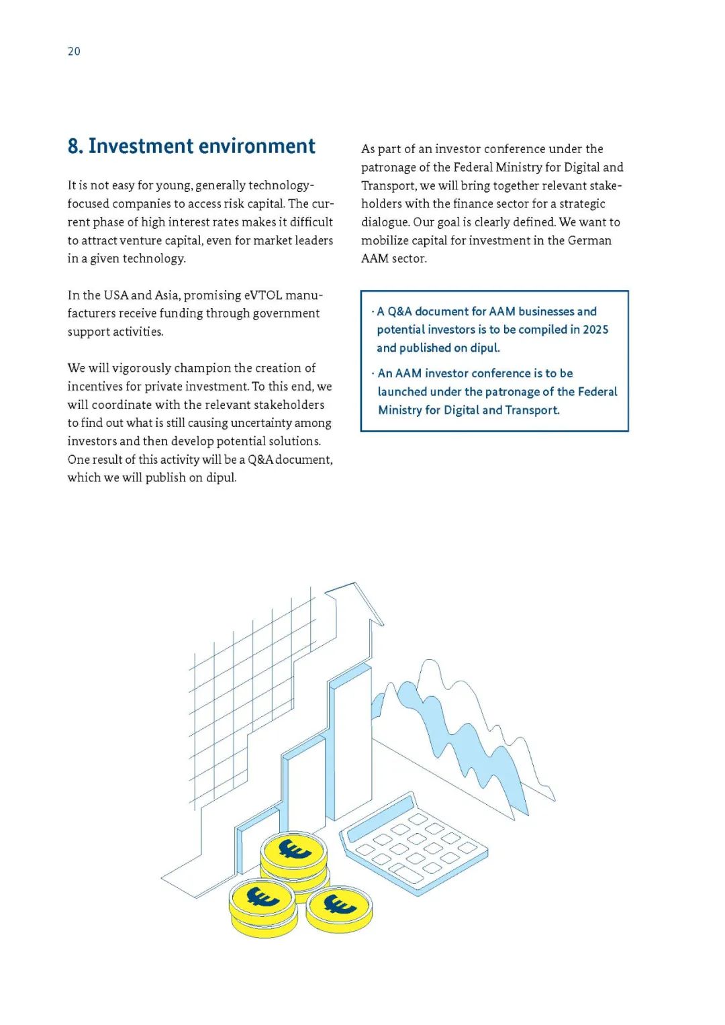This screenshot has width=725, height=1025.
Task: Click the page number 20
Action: coord(74,51)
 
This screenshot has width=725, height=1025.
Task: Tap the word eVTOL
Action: coord(262,295)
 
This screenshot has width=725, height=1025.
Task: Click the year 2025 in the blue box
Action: coord(595,330)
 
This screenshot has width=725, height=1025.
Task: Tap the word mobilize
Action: coord(385,240)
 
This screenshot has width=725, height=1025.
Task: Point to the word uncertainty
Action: coord(271,423)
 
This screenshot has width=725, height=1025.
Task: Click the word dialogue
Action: coord(385,222)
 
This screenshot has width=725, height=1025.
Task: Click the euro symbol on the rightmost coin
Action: coord(340,906)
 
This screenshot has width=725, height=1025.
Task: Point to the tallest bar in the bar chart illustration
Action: coord(350,738)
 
